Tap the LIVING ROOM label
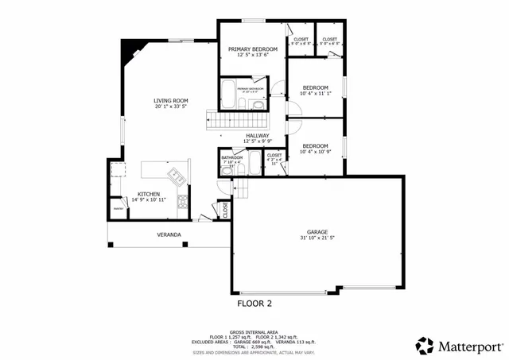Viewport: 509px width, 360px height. [171, 100]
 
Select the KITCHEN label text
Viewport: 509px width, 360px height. [149, 194]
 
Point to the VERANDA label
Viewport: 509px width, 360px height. [168, 234]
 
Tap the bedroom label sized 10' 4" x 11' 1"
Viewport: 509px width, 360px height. [315, 87]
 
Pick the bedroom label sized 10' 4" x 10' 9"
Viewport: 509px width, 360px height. [315, 145]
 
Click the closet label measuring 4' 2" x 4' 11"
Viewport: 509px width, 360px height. [274, 156]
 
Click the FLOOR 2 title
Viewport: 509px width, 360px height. [254, 303]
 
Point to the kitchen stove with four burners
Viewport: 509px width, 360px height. [182, 201]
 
